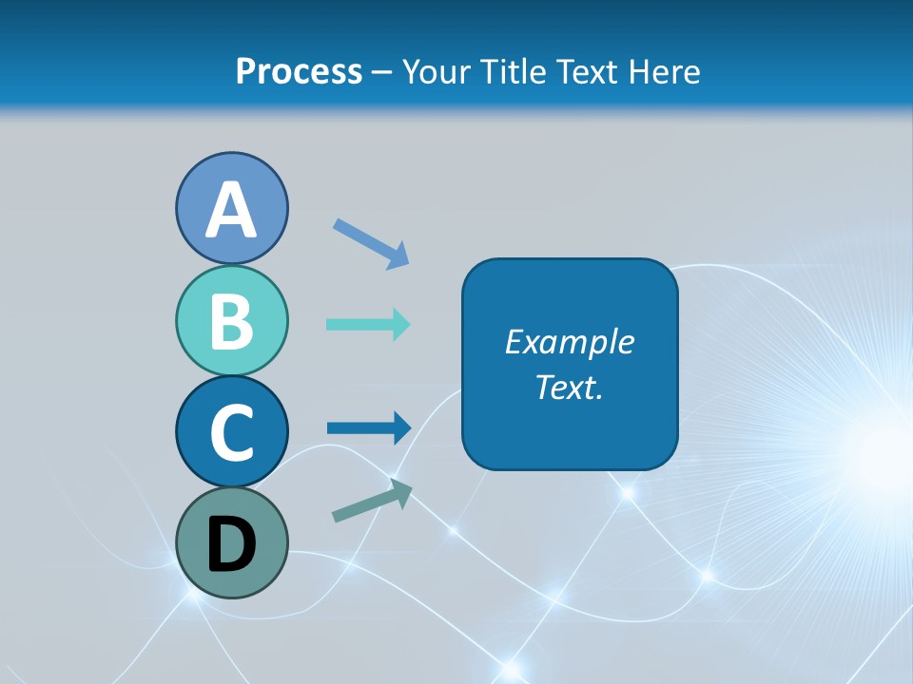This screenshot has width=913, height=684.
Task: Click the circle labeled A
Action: pos(231,208)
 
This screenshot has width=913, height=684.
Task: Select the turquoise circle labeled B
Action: pos(231,320)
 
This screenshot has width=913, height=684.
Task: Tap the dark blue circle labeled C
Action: pos(231,431)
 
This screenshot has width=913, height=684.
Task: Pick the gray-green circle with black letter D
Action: pos(231,542)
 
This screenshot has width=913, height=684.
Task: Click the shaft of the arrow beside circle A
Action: pos(361,237)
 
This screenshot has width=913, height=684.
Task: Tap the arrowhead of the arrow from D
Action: pos(401,491)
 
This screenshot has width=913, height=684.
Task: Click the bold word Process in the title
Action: pos(299,71)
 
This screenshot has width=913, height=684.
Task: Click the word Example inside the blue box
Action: pos(569,342)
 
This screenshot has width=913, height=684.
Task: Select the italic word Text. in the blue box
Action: pos(569,388)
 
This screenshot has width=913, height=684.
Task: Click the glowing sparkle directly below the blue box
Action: pos(628,492)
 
